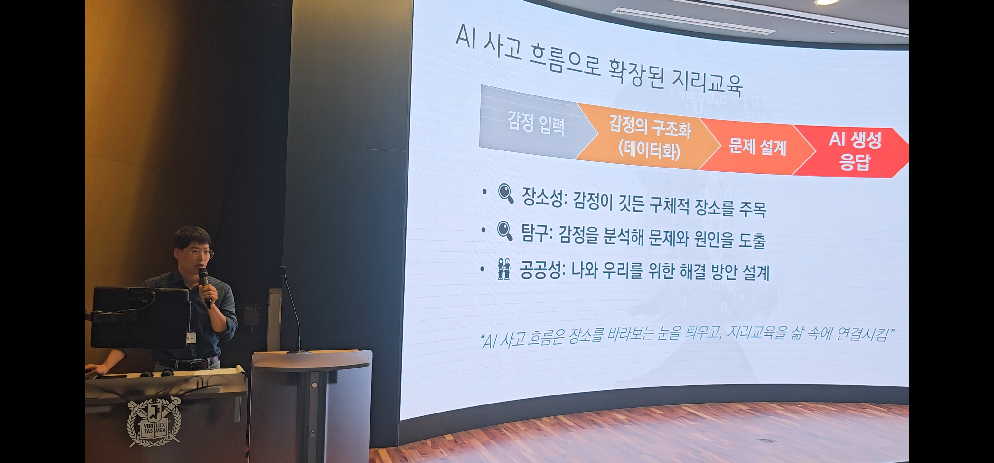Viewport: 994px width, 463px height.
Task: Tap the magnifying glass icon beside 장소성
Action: [505, 194]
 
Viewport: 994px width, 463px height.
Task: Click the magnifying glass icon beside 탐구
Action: [505, 231]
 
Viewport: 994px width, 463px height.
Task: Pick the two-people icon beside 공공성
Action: [503, 269]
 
